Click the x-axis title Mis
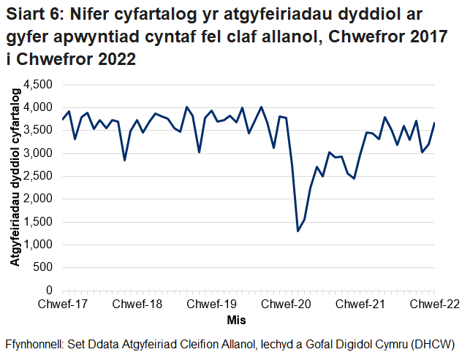(236, 321)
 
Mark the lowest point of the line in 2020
(298, 231)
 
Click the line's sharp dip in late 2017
(125, 160)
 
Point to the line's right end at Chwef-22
(435, 123)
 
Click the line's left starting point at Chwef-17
(63, 119)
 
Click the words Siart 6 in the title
(32, 14)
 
